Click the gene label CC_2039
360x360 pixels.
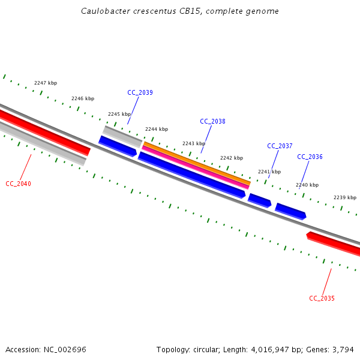point(140,92)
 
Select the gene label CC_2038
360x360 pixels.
point(212,121)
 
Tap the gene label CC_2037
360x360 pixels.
point(280,146)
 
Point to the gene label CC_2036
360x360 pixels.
point(310,157)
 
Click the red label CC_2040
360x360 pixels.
point(18,184)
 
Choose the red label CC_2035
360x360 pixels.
point(322,298)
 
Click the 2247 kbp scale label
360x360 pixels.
point(46,83)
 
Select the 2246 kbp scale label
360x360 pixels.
point(83,98)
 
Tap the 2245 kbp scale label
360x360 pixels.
point(119,114)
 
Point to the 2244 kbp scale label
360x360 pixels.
point(157,129)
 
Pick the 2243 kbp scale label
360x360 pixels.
point(194,143)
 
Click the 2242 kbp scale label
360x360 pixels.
point(232,158)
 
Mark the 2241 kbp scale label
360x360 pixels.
point(269,172)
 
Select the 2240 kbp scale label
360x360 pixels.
point(307,185)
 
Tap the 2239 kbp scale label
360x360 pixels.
point(345,197)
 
